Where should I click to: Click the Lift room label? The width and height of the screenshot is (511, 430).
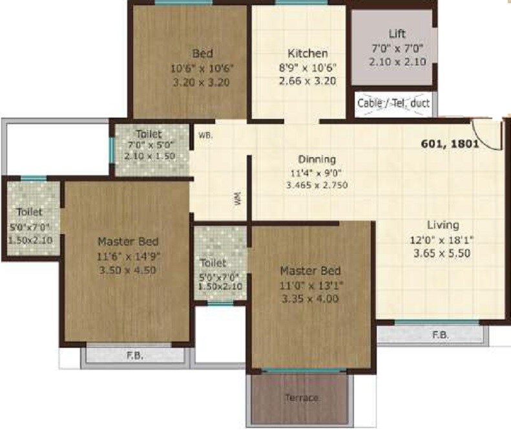397,34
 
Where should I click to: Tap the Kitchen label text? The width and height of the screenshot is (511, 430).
308,53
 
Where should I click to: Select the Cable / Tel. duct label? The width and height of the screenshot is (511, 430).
394,102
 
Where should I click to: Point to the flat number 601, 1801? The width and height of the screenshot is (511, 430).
449,144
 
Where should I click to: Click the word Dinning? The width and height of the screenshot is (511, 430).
317,159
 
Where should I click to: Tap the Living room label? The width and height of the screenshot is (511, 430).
443,225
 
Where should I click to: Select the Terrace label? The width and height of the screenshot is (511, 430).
302,398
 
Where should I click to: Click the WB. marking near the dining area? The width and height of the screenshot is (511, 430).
206,135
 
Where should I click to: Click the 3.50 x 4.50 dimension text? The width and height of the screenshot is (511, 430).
128,270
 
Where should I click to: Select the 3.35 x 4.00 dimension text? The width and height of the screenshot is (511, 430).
310,299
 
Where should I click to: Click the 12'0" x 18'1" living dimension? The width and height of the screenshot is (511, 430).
443,239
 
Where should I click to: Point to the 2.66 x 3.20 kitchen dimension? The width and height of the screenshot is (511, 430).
308,81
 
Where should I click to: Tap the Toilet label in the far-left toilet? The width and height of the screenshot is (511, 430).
30,211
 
